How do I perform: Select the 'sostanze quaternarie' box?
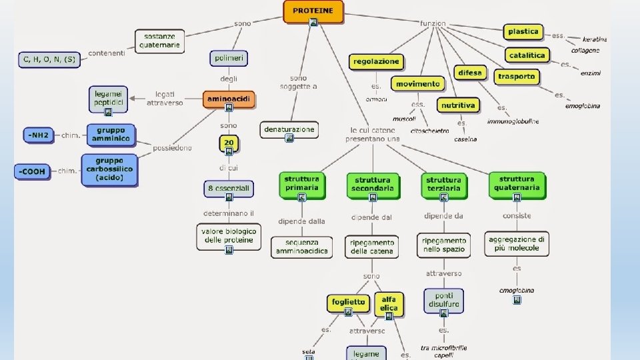(159, 41)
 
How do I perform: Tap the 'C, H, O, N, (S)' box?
(49, 59)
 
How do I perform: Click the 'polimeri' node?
(229, 59)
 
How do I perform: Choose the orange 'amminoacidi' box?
(229, 99)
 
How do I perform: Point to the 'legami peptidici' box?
(108, 99)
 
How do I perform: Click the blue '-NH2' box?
(38, 135)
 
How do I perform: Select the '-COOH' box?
(32, 171)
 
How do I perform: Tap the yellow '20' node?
(229, 143)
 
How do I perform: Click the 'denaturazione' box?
(289, 129)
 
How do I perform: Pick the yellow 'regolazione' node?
(377, 61)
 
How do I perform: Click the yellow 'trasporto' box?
(516, 77)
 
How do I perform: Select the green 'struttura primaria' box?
(302, 184)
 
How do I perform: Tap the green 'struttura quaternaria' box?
(517, 184)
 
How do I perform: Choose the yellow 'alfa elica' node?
(389, 304)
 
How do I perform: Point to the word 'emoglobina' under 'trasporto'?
(582, 106)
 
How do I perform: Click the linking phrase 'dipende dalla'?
(302, 221)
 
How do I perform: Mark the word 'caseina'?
(465, 139)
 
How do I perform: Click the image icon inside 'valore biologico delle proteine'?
(229, 250)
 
